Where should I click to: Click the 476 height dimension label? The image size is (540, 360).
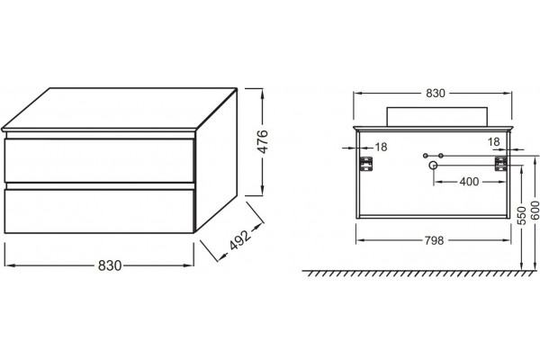[x=263, y=141]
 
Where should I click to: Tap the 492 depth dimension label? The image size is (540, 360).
[x=240, y=239]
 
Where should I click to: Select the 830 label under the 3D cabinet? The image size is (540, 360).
[x=110, y=265]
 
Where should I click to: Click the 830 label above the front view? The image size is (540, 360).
[x=436, y=93]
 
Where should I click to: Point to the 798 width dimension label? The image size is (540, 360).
[x=434, y=240]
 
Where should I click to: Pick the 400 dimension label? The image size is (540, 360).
[x=469, y=182]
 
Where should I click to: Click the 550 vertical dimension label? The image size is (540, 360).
[x=522, y=216]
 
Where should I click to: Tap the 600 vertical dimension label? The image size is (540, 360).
[x=535, y=210]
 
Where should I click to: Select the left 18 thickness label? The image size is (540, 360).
[x=381, y=147]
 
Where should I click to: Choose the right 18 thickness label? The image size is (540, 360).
[x=494, y=141]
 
